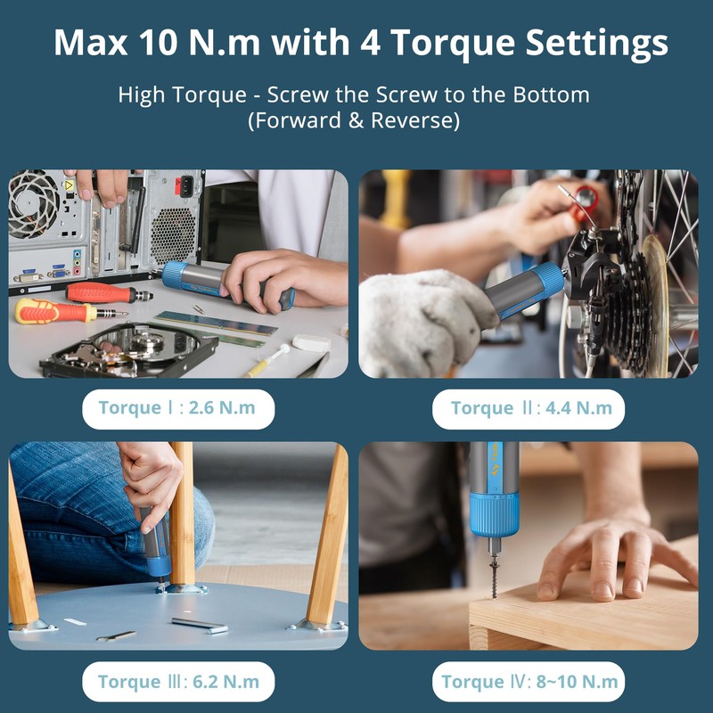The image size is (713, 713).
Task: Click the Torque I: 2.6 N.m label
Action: point(177,408)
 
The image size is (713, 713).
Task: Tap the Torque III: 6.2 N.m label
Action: point(177,682)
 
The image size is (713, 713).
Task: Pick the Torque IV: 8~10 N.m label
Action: point(529,682)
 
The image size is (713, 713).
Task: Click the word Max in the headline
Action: point(91,42)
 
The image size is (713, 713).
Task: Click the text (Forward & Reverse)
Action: point(354,121)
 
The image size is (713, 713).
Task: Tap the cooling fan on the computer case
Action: point(33,203)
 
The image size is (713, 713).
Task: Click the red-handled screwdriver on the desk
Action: point(108,292)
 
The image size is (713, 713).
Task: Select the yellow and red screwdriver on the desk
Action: point(69,311)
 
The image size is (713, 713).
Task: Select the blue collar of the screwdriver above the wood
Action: point(495,514)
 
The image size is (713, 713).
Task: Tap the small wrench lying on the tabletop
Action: point(116,635)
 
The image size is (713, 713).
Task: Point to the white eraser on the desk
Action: point(311,342)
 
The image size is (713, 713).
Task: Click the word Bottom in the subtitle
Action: point(551,95)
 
